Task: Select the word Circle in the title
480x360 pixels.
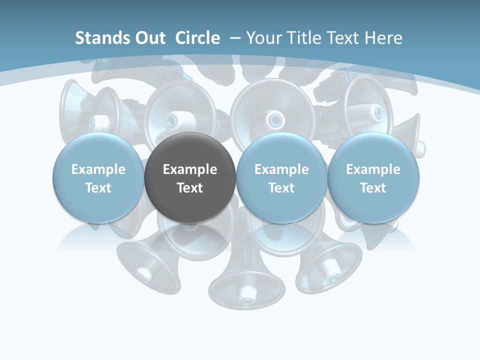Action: (x=197, y=38)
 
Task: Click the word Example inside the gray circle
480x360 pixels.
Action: (x=190, y=169)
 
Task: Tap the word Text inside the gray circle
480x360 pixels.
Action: (x=190, y=188)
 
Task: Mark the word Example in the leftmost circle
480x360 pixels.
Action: (x=98, y=169)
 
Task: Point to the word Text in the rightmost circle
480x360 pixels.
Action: (x=373, y=188)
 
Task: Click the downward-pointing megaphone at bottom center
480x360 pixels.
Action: (x=246, y=280)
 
